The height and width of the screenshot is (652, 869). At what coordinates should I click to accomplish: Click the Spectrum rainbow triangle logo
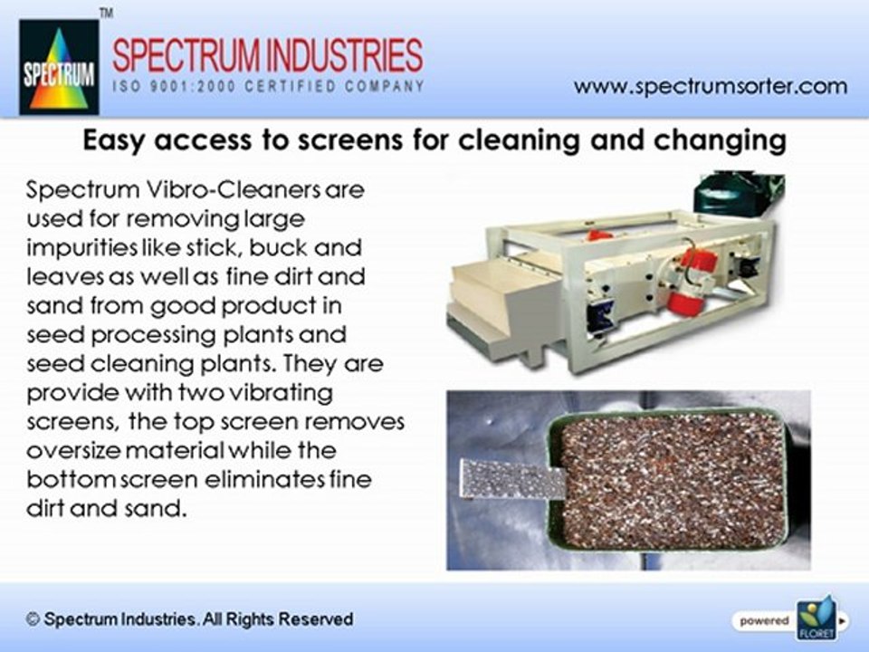tap(60, 67)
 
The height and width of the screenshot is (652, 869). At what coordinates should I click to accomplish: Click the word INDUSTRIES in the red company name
tap(344, 55)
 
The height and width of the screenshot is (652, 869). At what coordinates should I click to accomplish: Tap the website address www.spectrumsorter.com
tap(711, 87)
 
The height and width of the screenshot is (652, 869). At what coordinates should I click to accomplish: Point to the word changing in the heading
tap(720, 141)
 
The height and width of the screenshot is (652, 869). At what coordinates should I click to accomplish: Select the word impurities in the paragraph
tap(81, 248)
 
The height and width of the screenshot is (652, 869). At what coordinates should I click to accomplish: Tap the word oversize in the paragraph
tap(73, 450)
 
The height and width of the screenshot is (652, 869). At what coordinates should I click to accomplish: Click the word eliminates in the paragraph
tap(264, 479)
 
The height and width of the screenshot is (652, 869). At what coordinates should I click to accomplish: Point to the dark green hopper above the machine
tap(738, 194)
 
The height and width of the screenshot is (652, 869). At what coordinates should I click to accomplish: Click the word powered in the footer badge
tap(764, 621)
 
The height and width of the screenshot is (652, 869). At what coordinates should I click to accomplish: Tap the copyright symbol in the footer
tap(33, 619)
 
